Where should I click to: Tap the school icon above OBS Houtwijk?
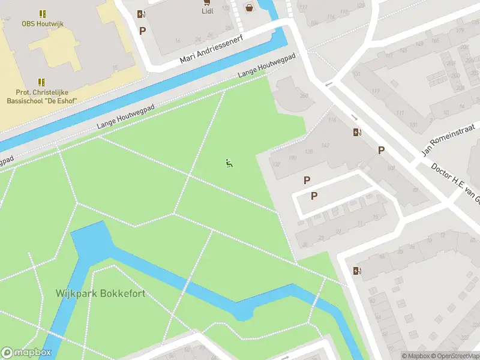coord(42,13)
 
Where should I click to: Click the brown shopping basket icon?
coord(249,7)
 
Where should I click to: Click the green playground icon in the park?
coord(229,163)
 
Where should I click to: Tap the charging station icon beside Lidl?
coord(141,14)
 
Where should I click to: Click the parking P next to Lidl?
coord(142,31)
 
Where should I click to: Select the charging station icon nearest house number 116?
coord(358,133)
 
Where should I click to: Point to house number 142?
coord(326,145)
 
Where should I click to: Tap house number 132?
coord(277,164)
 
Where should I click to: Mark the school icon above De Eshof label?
coord(42,82)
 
